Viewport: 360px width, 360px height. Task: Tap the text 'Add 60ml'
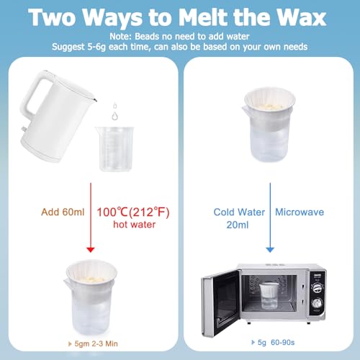(58, 212)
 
